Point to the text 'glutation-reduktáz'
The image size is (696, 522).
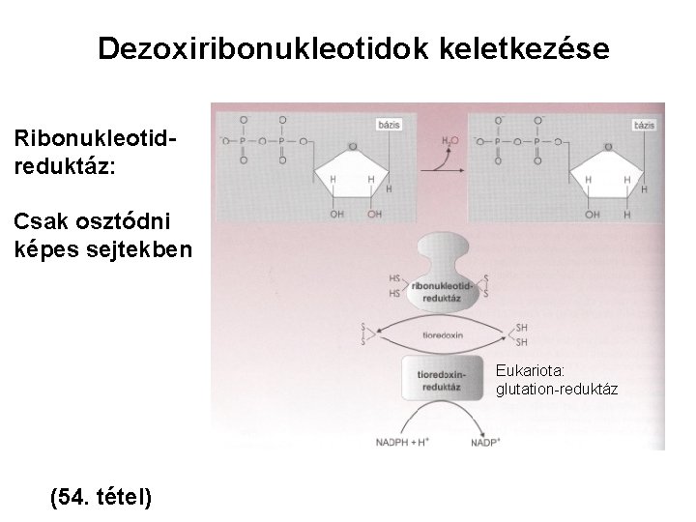pyautogui.click(x=556, y=389)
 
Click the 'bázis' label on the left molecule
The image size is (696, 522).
pyautogui.click(x=389, y=125)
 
